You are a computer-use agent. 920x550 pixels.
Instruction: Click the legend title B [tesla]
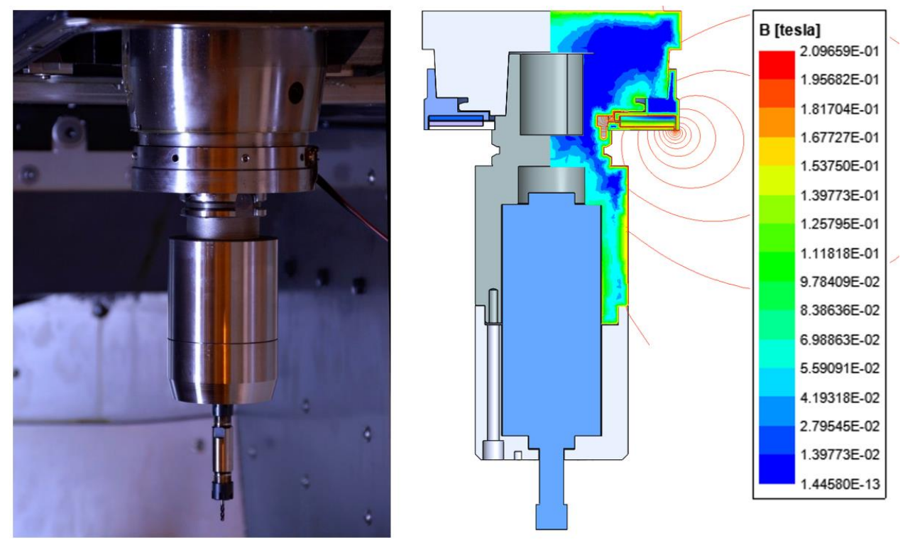[789, 31]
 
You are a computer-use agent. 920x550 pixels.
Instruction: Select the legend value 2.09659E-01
[840, 51]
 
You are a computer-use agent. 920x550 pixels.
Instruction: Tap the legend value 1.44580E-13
[840, 484]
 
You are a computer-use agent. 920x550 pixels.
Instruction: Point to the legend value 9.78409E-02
[840, 282]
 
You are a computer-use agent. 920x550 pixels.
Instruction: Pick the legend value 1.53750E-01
[840, 166]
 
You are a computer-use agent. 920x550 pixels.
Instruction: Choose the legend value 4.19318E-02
[840, 397]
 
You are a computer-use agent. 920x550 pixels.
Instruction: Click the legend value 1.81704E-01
[840, 109]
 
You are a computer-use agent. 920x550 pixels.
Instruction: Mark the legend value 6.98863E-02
[840, 340]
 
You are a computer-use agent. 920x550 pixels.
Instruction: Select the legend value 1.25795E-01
[840, 224]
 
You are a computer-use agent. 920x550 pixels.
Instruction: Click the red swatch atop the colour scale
[777, 65]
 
